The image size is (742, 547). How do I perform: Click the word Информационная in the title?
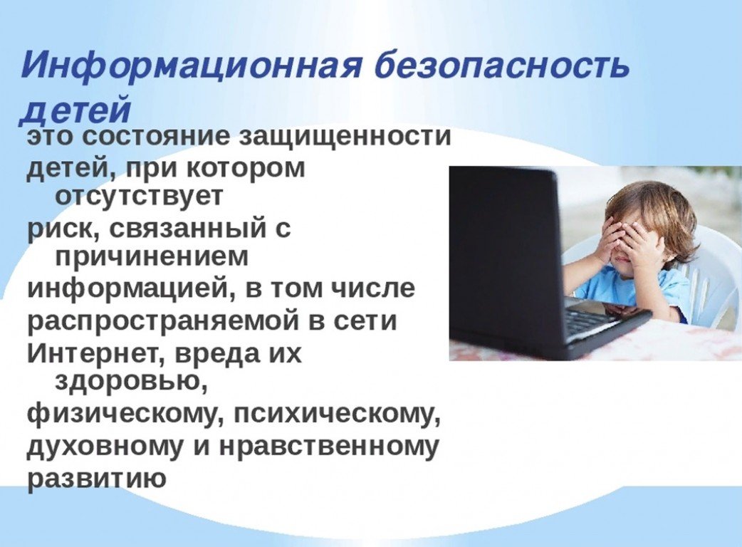(191, 66)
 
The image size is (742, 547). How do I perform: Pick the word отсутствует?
(139, 196)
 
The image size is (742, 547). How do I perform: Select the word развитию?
(97, 479)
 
